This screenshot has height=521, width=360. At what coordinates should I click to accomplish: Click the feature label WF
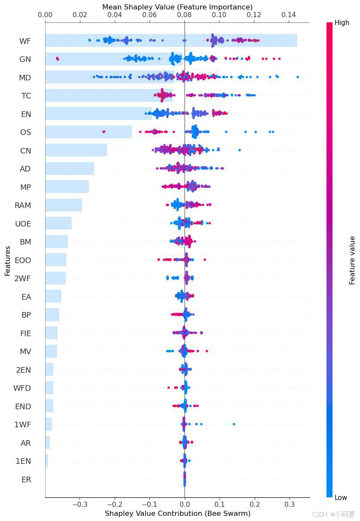pos(25,41)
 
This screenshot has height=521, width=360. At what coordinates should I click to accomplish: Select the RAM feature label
pos(23,205)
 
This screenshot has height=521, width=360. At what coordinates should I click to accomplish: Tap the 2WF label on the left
pos(23,279)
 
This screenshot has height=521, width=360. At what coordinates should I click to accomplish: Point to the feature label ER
pos(26,480)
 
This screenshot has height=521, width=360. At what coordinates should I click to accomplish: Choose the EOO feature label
pos(23,260)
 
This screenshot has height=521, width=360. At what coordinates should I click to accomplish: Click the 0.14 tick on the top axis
pos(289,15)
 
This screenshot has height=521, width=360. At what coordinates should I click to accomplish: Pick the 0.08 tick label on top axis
pos(184,15)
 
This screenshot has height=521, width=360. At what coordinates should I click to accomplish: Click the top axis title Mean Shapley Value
pos(177,7)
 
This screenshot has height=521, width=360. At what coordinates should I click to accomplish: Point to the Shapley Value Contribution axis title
pos(177,513)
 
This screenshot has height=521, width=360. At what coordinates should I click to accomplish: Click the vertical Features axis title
pos(8,260)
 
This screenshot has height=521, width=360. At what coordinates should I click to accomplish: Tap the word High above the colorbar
pos(342,23)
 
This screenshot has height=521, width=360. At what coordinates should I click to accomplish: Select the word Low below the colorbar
pos(341,497)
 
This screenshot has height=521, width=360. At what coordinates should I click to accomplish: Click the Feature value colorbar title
pos(352,260)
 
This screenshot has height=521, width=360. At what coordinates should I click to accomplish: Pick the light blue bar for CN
pos(76,150)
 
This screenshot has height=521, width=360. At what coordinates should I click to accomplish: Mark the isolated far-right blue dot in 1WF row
pos(234,424)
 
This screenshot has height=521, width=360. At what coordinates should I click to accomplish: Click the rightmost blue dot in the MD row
pos(298,77)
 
